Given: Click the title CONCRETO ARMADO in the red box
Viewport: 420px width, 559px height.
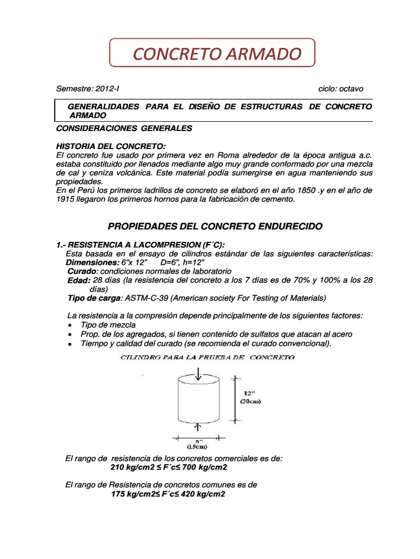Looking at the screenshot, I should click(217, 54).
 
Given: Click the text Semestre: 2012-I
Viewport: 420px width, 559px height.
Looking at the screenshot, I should click(87, 88).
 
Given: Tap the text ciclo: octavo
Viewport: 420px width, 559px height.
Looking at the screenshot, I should click(340, 88).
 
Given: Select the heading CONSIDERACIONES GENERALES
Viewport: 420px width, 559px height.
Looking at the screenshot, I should click(124, 128).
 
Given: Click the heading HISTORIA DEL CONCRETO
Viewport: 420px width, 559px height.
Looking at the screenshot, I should click(110, 147).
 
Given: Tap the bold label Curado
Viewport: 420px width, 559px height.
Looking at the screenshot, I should click(83, 271).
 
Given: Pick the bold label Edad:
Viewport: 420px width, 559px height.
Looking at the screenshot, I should click(79, 280).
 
